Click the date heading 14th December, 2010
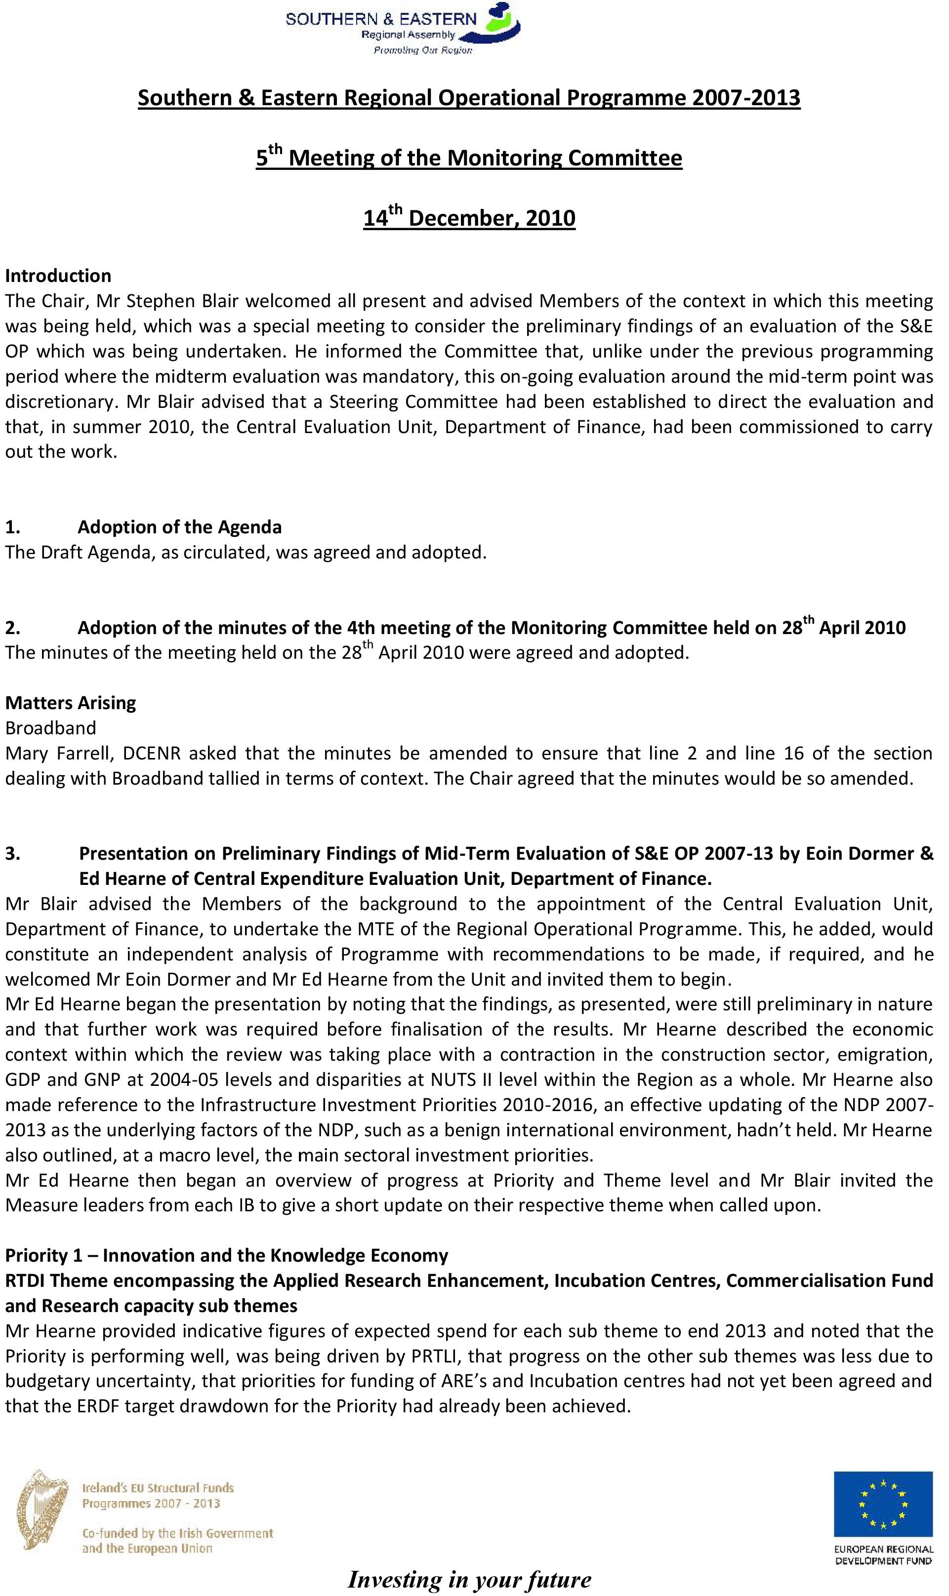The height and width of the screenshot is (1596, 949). tap(469, 217)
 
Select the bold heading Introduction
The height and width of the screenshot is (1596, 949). tap(58, 276)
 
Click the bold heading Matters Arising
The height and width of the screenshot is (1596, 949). tap(70, 702)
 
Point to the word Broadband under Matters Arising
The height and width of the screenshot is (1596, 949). tap(50, 727)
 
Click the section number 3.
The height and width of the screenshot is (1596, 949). tap(12, 853)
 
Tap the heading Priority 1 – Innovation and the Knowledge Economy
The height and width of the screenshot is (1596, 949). tap(226, 1255)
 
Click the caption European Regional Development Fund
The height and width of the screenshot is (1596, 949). tap(882, 1555)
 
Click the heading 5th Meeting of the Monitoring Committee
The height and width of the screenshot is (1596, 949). tap(469, 157)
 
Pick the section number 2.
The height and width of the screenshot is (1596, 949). tap(12, 628)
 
